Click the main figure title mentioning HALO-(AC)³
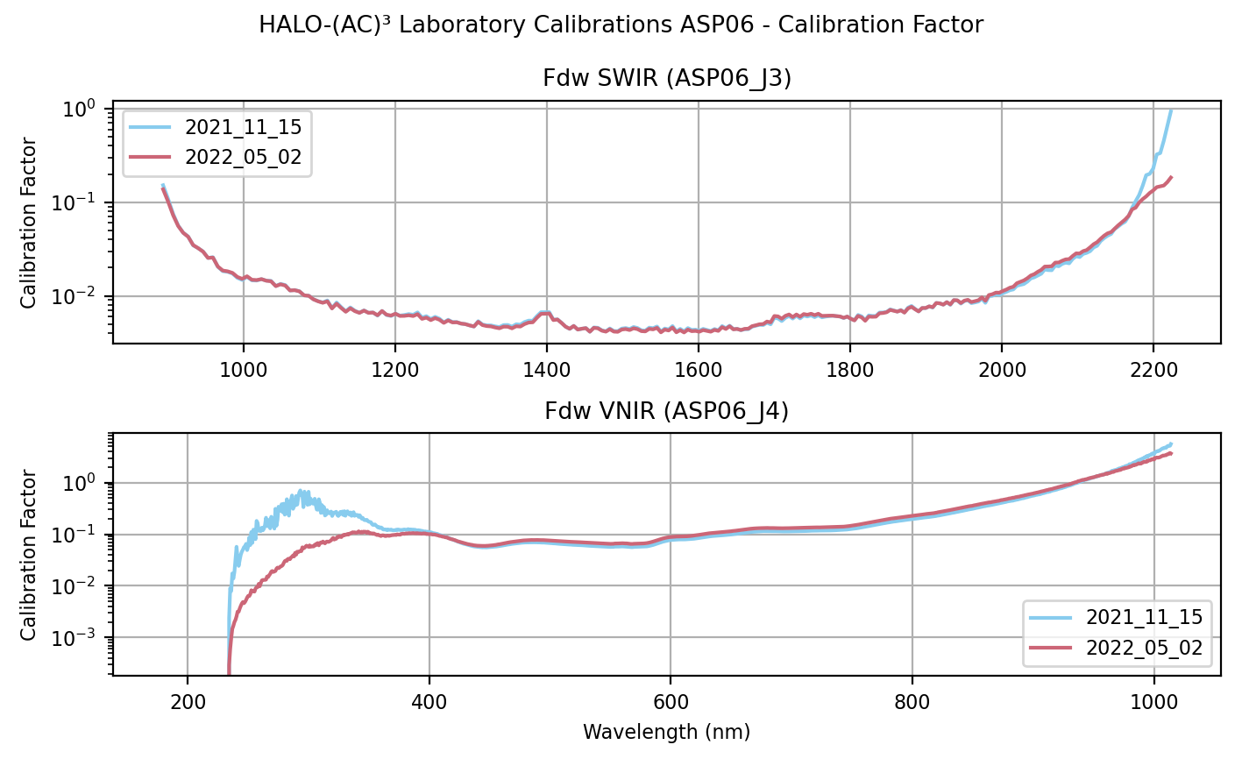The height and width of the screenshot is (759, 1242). pos(621,25)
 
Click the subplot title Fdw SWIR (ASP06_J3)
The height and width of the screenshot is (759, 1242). pos(667,79)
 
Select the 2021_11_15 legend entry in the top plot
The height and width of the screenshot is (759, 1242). pos(243,127)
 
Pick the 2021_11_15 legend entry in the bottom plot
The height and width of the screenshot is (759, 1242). pos(1144,617)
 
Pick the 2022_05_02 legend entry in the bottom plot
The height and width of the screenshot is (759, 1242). pos(1144,648)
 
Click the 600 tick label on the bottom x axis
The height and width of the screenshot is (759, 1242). pos(671,702)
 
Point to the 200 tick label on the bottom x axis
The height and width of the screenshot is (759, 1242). pos(188,702)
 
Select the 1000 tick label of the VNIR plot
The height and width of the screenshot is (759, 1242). pos(1153,702)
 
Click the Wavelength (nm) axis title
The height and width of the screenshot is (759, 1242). pos(666,732)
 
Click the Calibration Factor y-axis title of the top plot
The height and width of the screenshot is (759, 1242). pos(30,223)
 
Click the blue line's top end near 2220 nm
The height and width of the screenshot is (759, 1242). pos(1171,110)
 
